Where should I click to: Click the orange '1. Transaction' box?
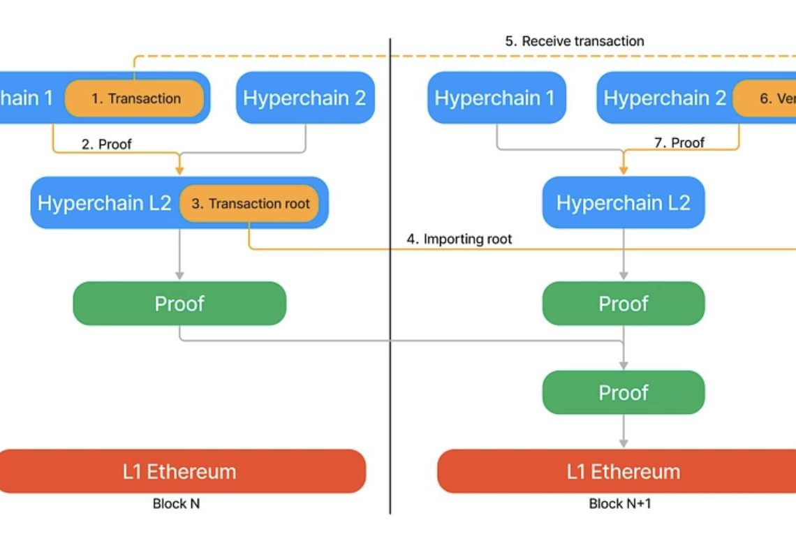click(x=135, y=98)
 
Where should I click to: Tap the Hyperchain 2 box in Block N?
click(x=305, y=98)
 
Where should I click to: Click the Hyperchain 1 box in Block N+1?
click(x=496, y=98)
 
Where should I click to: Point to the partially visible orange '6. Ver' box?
click(x=764, y=98)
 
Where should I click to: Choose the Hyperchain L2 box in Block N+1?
click(x=623, y=203)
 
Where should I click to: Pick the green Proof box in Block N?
click(x=179, y=304)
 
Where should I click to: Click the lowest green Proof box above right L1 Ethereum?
click(x=623, y=392)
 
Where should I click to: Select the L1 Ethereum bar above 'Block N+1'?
click(x=623, y=471)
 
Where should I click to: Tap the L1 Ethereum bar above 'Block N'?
click(x=179, y=471)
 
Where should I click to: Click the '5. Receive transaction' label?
click(x=574, y=41)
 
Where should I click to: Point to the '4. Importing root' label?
click(x=459, y=239)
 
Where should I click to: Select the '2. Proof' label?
click(x=106, y=144)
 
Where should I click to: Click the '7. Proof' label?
click(x=679, y=143)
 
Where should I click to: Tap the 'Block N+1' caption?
click(x=619, y=503)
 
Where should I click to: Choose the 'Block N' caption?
click(x=176, y=503)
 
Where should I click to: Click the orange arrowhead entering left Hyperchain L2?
click(x=179, y=170)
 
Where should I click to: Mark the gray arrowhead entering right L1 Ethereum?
click(x=624, y=442)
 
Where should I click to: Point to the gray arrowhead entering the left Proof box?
click(x=179, y=275)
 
